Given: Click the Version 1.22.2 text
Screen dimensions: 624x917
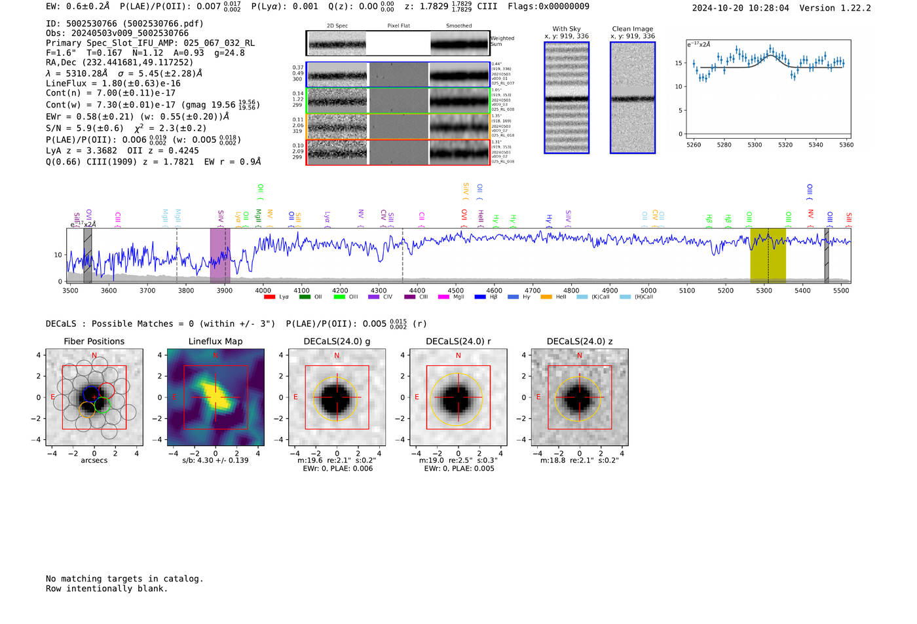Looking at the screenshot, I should click(x=835, y=8).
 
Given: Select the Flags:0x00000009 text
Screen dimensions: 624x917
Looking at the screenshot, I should click(x=548, y=6).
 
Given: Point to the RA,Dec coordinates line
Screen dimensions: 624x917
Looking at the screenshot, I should click(x=119, y=62).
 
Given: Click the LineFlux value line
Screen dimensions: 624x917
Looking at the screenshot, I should click(x=113, y=83).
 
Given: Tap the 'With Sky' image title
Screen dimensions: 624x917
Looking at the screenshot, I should click(x=566, y=29).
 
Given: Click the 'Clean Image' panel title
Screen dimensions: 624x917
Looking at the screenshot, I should click(x=632, y=29).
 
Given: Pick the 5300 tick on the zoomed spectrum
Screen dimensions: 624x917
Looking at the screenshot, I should click(x=755, y=145).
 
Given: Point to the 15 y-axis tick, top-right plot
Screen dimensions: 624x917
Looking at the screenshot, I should click(x=679, y=64).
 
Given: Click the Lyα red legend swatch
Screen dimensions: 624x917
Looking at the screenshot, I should click(x=269, y=297).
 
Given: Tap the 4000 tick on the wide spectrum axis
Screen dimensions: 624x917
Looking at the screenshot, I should click(x=263, y=290).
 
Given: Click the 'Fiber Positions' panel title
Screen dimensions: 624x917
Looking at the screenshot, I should click(x=94, y=341).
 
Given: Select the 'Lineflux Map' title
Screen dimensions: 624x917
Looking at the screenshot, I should click(x=215, y=341).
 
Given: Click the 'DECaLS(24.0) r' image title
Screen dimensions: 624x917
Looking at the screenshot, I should click(x=458, y=341).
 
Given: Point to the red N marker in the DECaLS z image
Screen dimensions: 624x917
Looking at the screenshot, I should click(x=579, y=356).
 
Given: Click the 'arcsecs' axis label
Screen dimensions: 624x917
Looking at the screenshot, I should click(x=94, y=460).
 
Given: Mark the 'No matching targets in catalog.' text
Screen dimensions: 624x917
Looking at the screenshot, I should click(x=124, y=578).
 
